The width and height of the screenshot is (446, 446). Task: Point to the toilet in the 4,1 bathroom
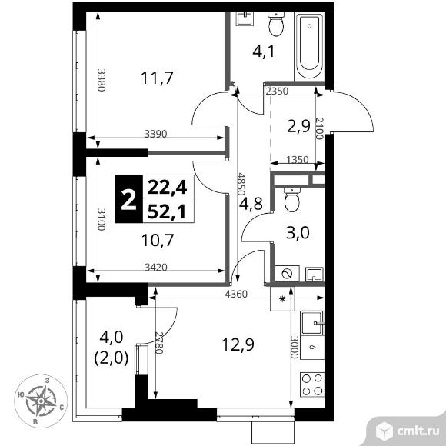click(x=276, y=25)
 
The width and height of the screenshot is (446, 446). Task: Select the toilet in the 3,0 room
click(x=291, y=201)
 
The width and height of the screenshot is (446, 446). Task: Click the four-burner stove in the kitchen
click(x=311, y=384)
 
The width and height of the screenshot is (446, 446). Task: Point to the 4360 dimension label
click(x=235, y=294)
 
